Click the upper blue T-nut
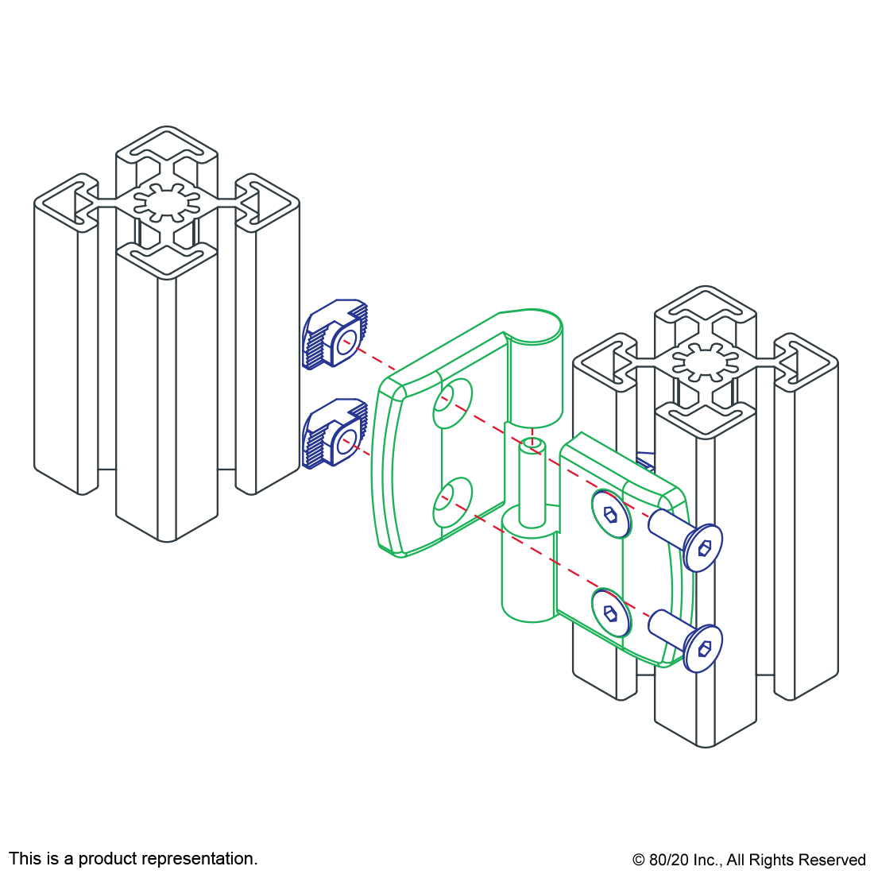(335, 335)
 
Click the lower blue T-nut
(335, 432)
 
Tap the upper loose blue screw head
(703, 548)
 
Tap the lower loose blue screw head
(703, 648)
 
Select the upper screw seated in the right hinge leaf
(611, 514)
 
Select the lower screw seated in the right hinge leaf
(611, 613)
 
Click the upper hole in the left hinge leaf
(453, 404)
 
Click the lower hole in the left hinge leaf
(453, 502)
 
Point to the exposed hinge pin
(532, 482)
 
